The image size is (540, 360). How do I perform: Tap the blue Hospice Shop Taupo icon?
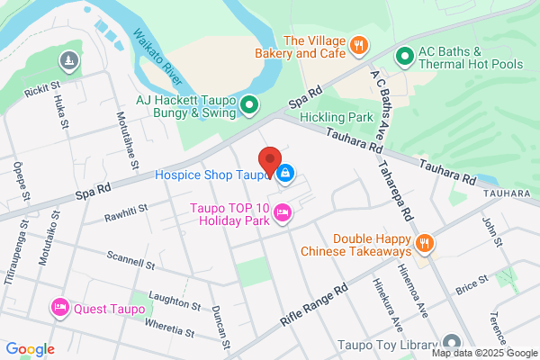(285, 173)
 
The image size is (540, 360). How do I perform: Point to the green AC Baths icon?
(405, 57)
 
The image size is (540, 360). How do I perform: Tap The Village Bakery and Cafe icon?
(358, 44)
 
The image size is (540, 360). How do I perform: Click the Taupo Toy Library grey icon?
(451, 344)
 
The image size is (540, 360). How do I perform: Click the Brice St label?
(471, 287)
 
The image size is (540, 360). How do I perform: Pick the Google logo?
(30, 348)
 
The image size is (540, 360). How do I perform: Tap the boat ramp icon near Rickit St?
(69, 61)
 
